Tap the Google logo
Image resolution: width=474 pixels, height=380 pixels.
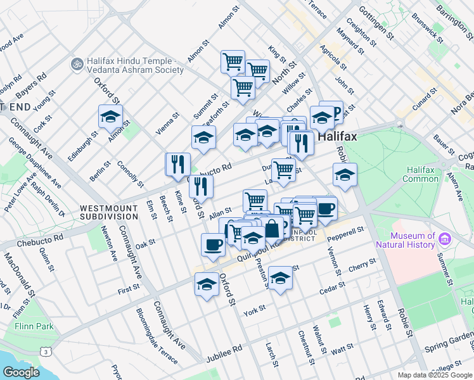click(21, 372)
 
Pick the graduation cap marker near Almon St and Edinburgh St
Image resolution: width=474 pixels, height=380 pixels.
click(110, 118)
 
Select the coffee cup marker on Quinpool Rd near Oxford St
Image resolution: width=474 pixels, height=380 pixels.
click(213, 244)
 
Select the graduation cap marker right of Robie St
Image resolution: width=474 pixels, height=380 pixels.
click(345, 175)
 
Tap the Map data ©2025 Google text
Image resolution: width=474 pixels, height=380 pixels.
click(435, 375)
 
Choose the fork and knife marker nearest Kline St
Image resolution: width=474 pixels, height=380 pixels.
click(178, 164)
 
